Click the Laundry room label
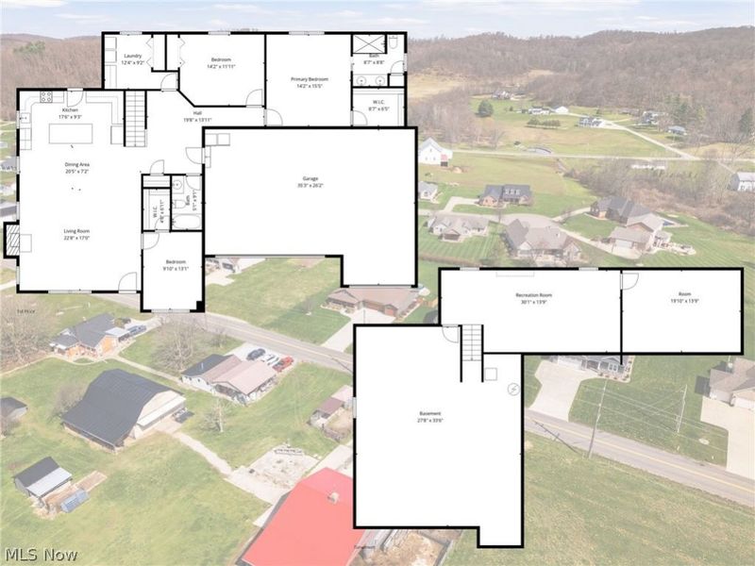(133, 56)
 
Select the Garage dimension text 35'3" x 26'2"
(310, 185)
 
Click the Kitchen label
(71, 110)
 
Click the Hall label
(197, 114)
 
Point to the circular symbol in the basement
(513, 389)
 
